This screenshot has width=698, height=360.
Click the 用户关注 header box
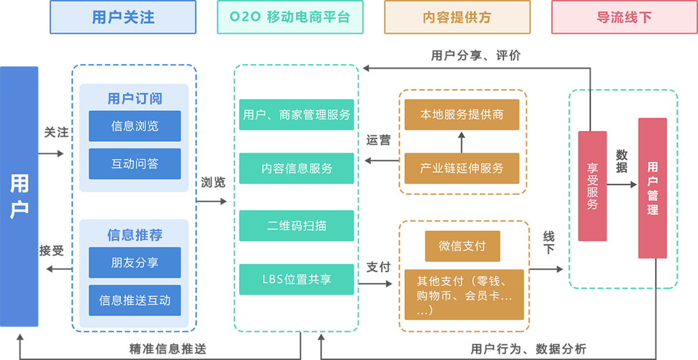(122, 17)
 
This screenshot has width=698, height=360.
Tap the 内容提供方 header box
(457, 17)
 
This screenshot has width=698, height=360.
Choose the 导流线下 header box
(624, 17)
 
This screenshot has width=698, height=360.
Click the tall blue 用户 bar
(19, 195)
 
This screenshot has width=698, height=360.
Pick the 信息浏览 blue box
(135, 126)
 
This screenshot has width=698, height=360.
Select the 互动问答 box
(135, 163)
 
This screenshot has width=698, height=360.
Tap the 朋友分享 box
(135, 262)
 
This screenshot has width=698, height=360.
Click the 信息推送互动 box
(135, 300)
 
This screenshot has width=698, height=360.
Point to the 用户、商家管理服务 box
(297, 114)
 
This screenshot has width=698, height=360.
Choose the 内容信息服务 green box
(297, 168)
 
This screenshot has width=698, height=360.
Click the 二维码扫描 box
(297, 225)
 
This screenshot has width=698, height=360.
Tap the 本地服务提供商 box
(462, 114)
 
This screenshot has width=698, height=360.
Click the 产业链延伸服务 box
(462, 168)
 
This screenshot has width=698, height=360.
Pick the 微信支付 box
(462, 246)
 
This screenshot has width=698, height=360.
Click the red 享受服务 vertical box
(592, 186)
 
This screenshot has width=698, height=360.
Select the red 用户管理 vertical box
(653, 189)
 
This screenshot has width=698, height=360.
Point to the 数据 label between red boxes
(622, 161)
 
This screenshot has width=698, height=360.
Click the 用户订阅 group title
(135, 99)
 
